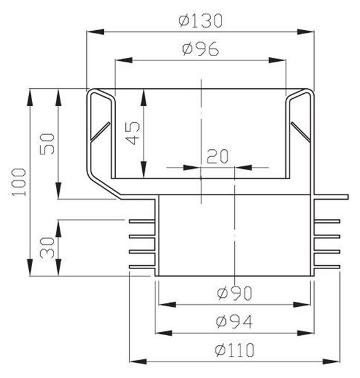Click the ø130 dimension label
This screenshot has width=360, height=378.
[x=200, y=21]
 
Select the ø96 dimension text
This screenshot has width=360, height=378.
[x=201, y=49]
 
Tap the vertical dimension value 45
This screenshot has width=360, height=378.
[x=133, y=133]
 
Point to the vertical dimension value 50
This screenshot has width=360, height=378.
[x=47, y=144]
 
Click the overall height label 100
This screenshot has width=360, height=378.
[x=19, y=182]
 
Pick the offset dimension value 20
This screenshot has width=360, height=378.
[x=217, y=156]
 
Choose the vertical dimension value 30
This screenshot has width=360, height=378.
[x=47, y=248]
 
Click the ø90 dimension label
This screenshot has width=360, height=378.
[x=234, y=293]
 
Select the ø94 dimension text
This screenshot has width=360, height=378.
[x=234, y=321]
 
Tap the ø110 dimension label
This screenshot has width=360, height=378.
[x=234, y=350]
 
